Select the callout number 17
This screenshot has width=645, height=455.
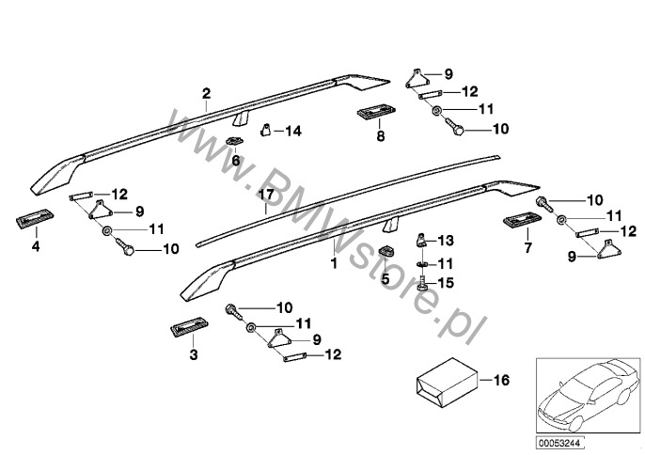point(265,195)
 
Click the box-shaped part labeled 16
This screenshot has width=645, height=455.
point(438,380)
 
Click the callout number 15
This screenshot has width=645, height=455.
point(447,283)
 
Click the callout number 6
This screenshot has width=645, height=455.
point(235,161)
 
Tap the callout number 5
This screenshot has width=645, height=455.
point(385,278)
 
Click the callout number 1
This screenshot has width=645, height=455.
point(332,265)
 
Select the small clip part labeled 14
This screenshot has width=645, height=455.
point(266,130)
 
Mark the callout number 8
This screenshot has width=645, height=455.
point(380,136)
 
